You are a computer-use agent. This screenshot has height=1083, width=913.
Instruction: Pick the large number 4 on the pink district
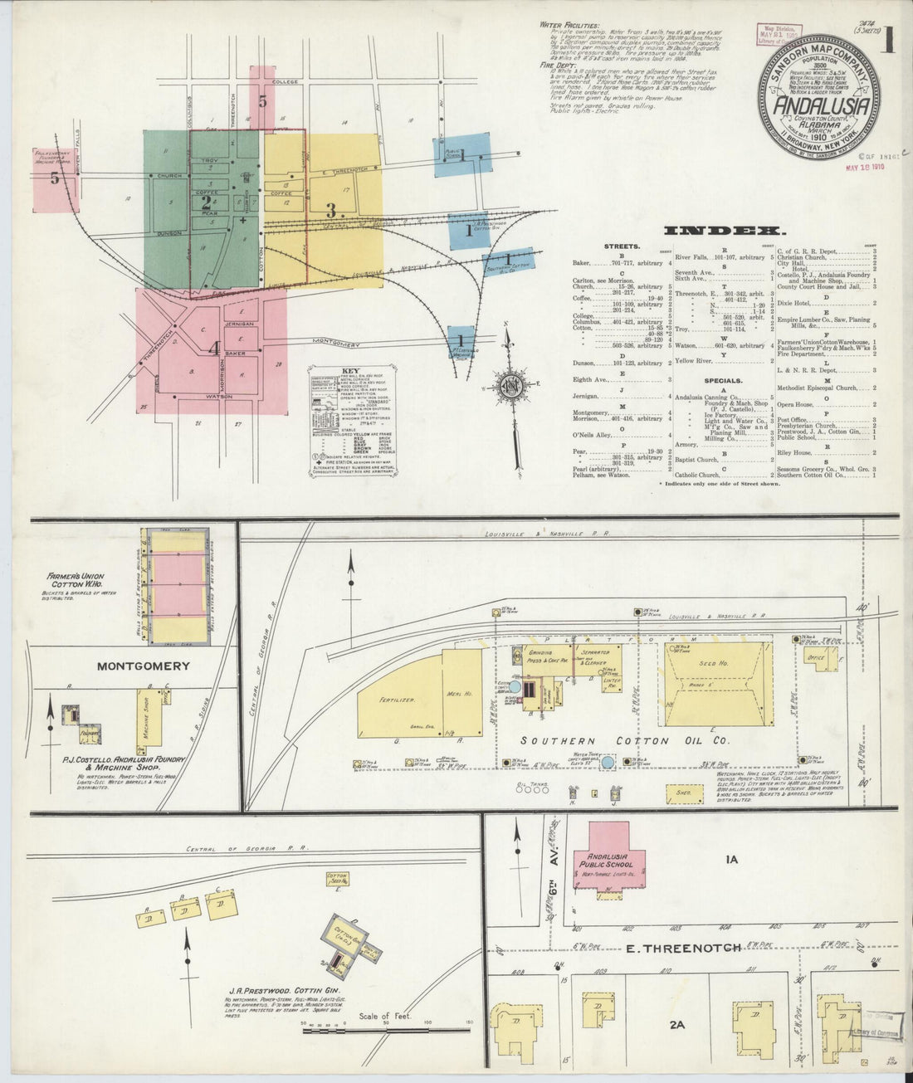(214, 349)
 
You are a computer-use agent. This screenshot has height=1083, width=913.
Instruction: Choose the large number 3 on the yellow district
(330, 210)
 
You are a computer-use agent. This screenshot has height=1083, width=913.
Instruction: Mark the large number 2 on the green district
(205, 200)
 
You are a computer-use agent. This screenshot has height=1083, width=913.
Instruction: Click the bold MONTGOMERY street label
(144, 666)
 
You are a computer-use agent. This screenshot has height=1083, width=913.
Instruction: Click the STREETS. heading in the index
(622, 246)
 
